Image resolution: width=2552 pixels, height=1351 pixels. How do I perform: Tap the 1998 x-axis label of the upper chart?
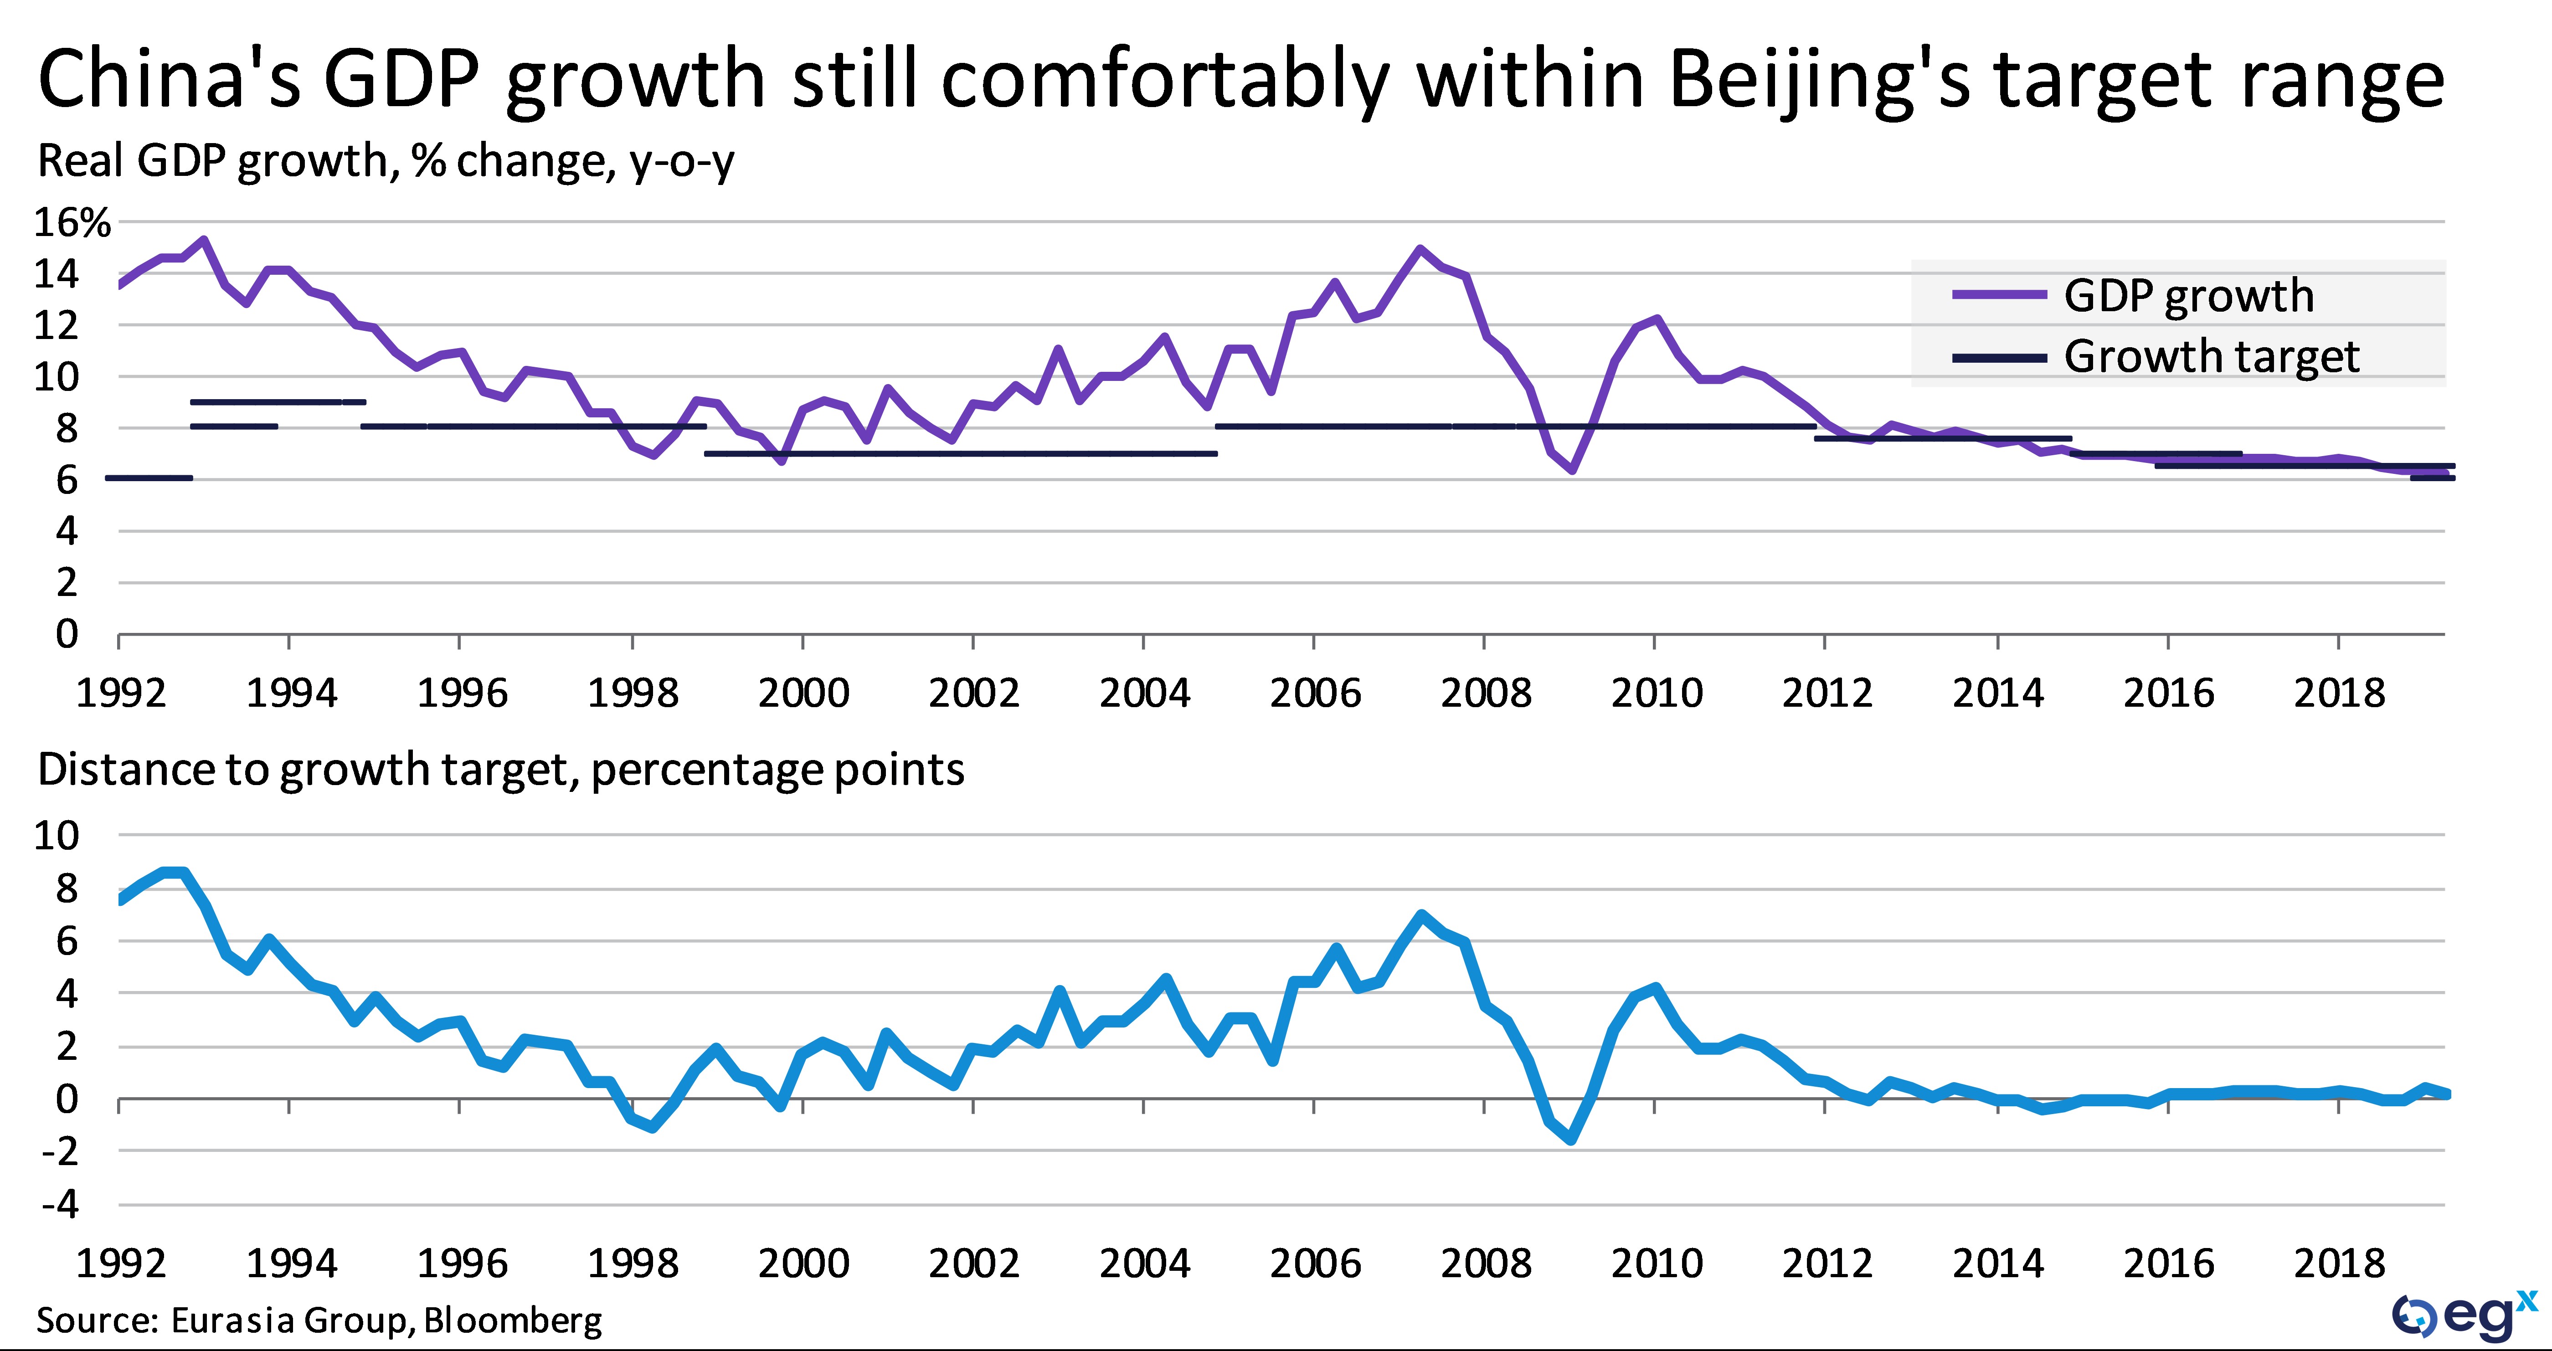pos(632,692)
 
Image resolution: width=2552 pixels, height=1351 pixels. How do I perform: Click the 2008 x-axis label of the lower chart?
pos(1485,1263)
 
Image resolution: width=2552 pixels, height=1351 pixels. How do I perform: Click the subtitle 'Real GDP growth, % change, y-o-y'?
pos(386,160)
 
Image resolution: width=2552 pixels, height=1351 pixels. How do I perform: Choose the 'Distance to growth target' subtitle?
pos(500,770)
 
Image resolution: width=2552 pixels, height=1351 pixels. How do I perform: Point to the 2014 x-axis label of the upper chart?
pos(1997,692)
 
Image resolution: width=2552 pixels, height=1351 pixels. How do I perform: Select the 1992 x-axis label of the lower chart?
pos(121,1263)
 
